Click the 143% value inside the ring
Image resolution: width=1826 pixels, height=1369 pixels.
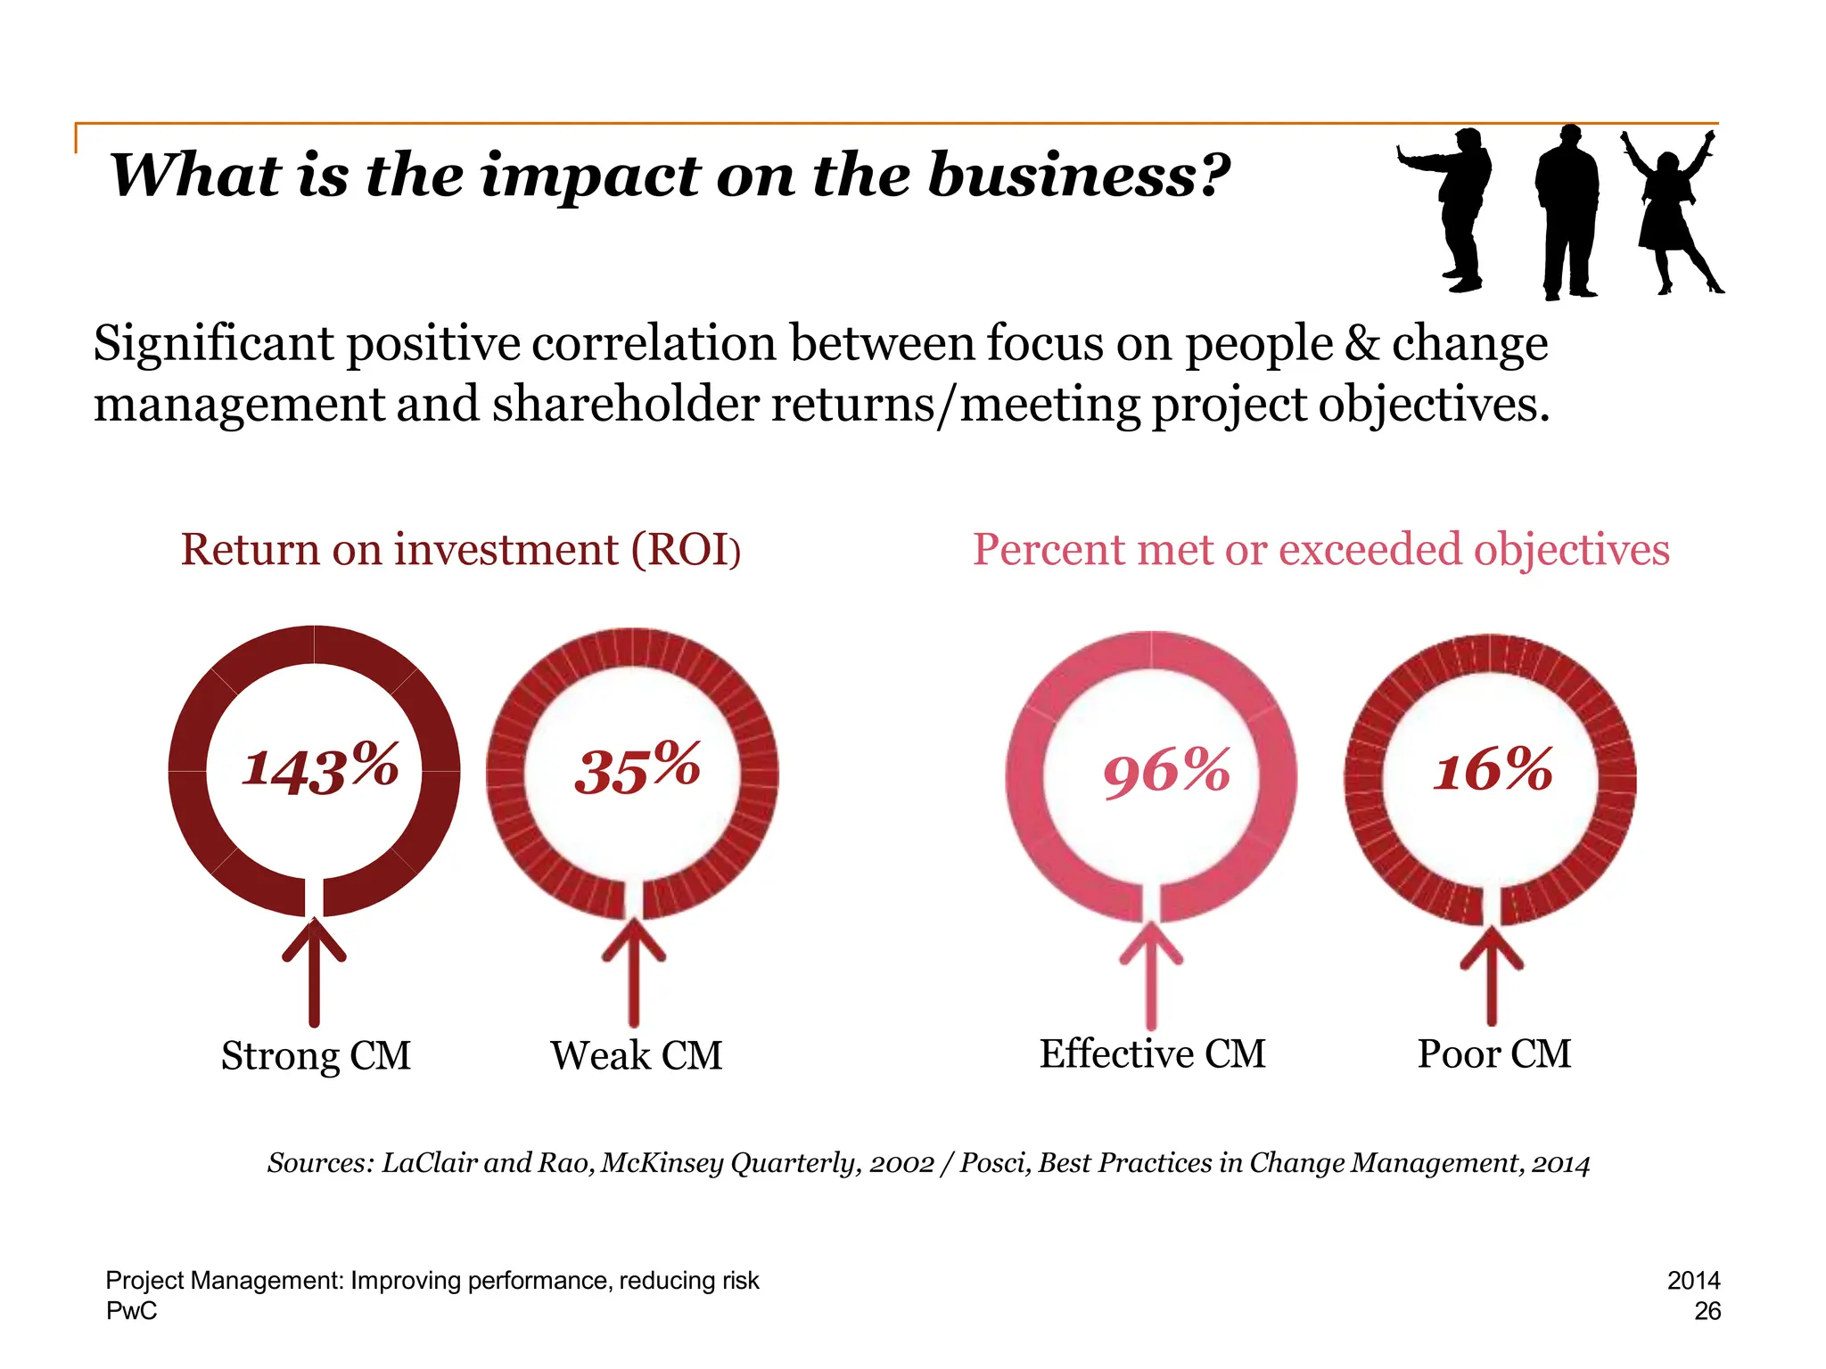coord(320,768)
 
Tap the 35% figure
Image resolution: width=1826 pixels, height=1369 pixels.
coord(637,768)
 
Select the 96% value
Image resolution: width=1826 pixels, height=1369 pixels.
coord(1166,771)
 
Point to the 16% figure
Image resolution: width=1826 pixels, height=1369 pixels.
coord(1493,769)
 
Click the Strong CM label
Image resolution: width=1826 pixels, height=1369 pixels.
coord(316,1056)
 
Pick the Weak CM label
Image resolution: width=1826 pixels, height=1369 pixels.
coord(636,1056)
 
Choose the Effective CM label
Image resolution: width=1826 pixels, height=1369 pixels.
coord(1152,1054)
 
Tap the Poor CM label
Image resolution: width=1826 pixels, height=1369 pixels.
coord(1493,1054)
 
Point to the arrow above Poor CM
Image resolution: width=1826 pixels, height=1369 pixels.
coord(1492,976)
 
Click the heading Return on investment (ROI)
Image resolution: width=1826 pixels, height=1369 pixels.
coord(460,549)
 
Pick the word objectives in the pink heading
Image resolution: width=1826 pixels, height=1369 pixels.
coord(1571,550)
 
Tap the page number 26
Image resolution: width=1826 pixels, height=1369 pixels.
coord(1707,1311)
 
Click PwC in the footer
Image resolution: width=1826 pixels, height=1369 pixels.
coord(131,1311)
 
